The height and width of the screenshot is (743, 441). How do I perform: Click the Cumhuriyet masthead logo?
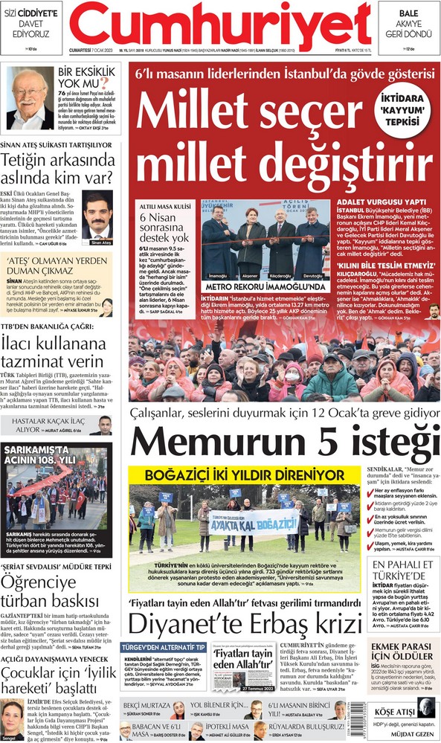220,25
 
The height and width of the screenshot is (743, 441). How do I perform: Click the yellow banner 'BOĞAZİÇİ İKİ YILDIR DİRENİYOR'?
245,474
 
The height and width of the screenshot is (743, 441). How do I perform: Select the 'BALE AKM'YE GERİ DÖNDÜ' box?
408,24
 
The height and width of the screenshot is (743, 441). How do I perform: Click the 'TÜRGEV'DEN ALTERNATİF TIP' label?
163,648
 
